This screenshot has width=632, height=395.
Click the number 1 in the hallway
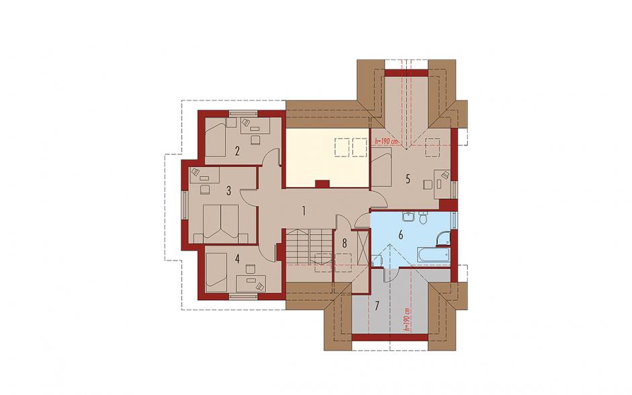[x=304, y=211]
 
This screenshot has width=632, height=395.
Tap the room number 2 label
[x=237, y=151]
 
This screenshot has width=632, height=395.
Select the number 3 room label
[x=229, y=191]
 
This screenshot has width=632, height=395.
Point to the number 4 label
[x=237, y=258]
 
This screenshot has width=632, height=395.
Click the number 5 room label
[x=408, y=179]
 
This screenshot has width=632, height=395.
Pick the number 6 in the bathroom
[x=401, y=234]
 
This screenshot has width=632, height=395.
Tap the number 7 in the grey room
[x=377, y=306]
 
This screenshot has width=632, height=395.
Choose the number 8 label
[x=344, y=244]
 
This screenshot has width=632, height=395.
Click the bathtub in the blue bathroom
[x=433, y=254]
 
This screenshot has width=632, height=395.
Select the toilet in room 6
[x=423, y=218]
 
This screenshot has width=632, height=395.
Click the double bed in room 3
[x=221, y=224]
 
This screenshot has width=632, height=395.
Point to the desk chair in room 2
[x=255, y=140]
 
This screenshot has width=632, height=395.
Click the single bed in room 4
[x=216, y=272]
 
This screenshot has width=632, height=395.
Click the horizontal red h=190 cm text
[x=386, y=141]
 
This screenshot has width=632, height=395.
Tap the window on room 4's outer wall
[x=243, y=297]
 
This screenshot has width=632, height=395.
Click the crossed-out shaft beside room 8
[x=362, y=246]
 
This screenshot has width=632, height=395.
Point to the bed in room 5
[x=381, y=167]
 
